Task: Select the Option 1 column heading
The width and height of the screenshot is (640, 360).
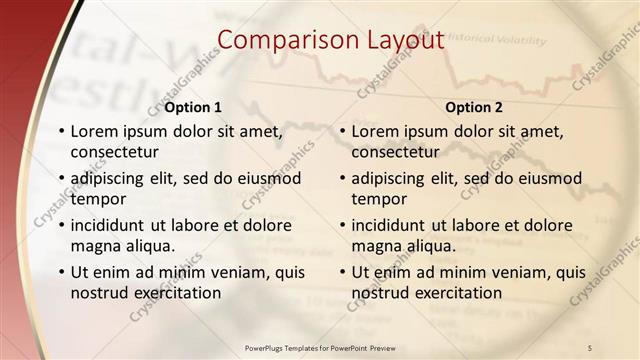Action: (x=193, y=107)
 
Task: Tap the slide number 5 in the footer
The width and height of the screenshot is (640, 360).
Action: (x=590, y=347)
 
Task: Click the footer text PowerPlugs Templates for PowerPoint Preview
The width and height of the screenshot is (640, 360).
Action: (x=320, y=347)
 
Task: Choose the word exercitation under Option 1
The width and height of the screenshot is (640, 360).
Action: (x=173, y=293)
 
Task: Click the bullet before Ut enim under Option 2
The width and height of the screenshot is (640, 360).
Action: (x=343, y=272)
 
